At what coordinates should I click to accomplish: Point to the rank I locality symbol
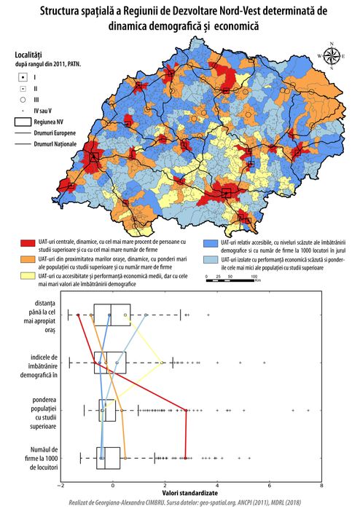coord(23,76)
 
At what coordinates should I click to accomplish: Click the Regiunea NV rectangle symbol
coord(23,122)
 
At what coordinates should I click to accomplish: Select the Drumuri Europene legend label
coord(58,133)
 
